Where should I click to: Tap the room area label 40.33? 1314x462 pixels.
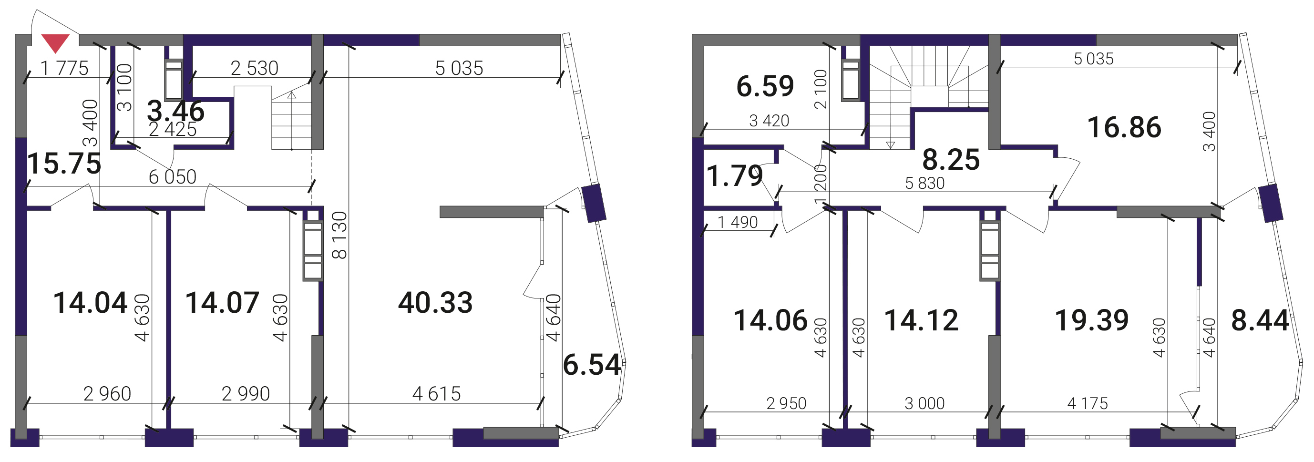coord(435,302)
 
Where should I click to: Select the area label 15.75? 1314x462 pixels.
coord(64,164)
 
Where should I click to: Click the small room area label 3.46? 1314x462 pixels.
coord(175,111)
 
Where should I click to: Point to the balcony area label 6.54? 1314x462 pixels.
coord(592,365)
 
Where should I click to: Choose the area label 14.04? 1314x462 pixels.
coord(90,302)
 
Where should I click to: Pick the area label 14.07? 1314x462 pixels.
coord(222,302)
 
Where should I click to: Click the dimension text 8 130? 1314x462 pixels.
coord(339,235)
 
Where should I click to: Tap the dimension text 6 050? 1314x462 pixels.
coord(173,177)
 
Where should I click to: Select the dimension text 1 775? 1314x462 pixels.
coord(64,68)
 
